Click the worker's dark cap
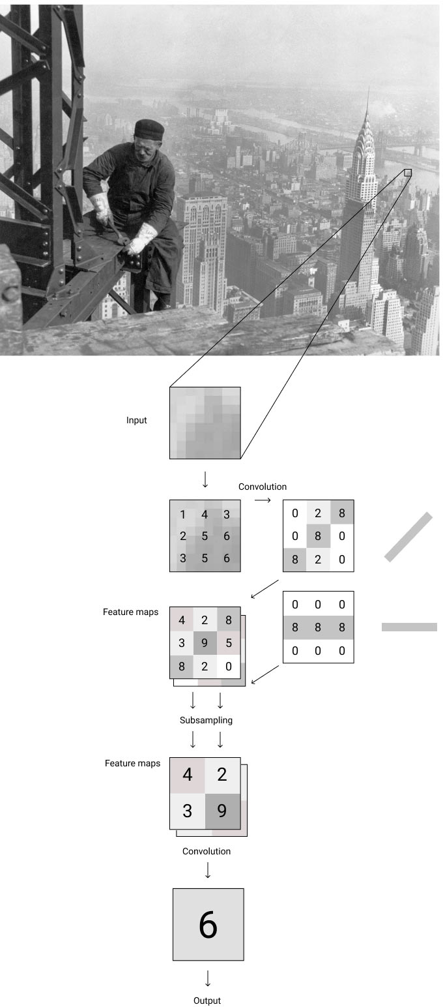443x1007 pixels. coord(149,127)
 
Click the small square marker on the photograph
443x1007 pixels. coord(408,173)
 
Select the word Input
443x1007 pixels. coord(137,421)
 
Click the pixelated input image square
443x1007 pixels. coord(205,423)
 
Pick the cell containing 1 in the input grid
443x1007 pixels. coord(182,515)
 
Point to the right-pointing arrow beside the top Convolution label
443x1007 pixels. coord(262,500)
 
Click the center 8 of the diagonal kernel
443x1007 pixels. coord(318,536)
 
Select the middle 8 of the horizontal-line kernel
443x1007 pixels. coord(318,627)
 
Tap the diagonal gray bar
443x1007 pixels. coord(408,537)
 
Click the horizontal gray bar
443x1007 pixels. coord(409,627)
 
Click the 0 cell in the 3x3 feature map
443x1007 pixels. coord(228,667)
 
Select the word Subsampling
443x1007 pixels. coord(206,721)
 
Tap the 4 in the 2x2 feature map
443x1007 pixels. coord(188,775)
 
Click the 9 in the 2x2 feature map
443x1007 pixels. coord(222,811)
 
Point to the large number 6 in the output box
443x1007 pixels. coord(208,925)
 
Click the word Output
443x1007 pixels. coord(207,1000)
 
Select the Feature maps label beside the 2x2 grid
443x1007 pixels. coord(132,763)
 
